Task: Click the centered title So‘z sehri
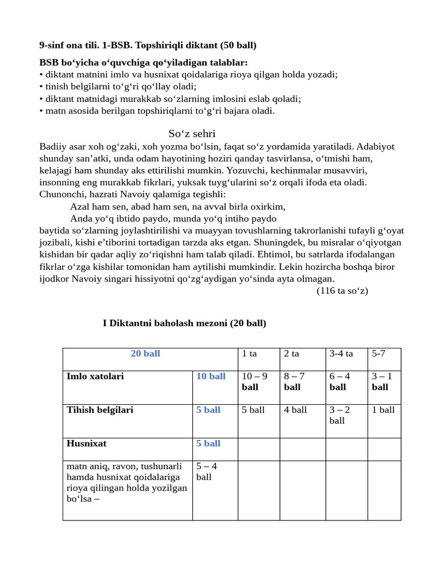click(192, 134)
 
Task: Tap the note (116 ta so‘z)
click(342, 290)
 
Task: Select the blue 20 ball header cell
click(145, 354)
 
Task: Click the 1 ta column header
click(249, 354)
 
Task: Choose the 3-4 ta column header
click(341, 354)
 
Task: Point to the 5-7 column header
click(378, 354)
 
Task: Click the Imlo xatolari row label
click(95, 376)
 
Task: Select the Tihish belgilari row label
click(100, 410)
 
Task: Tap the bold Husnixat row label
click(86, 444)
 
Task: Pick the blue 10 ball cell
click(211, 376)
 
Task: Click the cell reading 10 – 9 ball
click(254, 381)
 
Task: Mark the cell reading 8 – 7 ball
click(294, 381)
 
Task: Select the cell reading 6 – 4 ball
click(340, 381)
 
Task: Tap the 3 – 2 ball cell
click(340, 415)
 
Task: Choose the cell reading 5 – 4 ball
click(207, 471)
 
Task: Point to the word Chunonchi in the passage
click(61, 194)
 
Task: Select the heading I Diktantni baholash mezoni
click(184, 323)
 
